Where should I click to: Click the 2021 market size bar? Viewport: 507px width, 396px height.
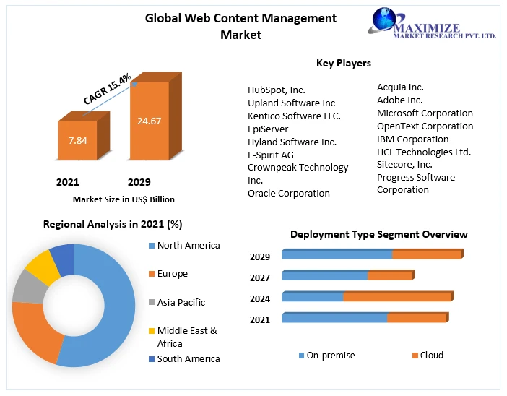tap(77, 140)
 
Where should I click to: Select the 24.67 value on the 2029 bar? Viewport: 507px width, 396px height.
tap(149, 121)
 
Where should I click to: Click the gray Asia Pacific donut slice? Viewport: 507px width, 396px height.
tap(29, 286)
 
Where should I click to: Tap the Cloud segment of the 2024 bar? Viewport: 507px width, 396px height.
tap(396, 297)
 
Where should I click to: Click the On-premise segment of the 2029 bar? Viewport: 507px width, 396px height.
tap(337, 254)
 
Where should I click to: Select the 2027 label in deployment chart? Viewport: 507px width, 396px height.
tap(260, 277)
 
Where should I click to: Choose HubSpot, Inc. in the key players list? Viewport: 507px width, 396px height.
tap(277, 90)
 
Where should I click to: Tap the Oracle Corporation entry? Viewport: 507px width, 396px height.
tap(289, 193)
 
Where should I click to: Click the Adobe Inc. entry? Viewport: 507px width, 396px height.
tap(400, 100)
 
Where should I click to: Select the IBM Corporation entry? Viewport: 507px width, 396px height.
tap(413, 139)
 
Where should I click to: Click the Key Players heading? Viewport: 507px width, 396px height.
tap(344, 64)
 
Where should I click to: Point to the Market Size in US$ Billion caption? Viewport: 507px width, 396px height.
tap(123, 199)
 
